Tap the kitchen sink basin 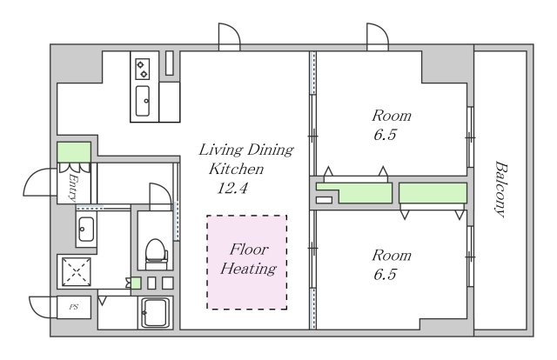tap(143, 101)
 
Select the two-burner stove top tap(143, 69)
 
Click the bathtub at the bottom tap(155, 312)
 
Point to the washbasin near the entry tap(86, 229)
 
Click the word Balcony tap(500, 189)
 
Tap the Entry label tap(73, 188)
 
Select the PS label tap(74, 307)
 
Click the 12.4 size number tap(232, 188)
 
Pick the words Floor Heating tap(248, 259)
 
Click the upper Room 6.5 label tap(391, 125)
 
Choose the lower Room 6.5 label tap(391, 265)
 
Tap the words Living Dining tap(245, 150)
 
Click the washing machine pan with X tap(77, 271)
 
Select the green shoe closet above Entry tap(74, 152)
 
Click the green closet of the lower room tap(433, 193)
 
